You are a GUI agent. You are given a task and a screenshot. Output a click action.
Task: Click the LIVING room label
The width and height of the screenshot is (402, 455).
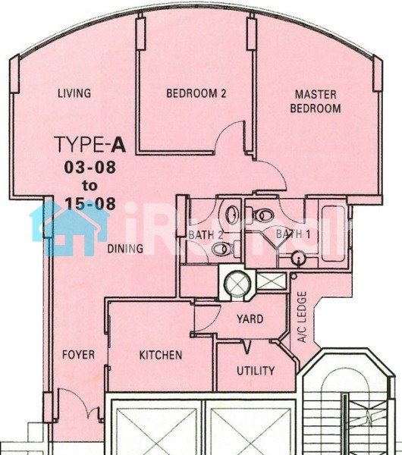coord(74,93)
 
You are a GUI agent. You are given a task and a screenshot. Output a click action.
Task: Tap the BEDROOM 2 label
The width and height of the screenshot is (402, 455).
coord(196,93)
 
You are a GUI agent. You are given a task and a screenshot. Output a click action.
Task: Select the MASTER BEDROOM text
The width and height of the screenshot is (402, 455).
coord(316,102)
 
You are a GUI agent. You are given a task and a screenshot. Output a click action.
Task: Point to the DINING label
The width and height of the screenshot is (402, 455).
coord(125,249)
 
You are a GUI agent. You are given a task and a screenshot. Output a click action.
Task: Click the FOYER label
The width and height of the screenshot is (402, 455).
coord(78,355)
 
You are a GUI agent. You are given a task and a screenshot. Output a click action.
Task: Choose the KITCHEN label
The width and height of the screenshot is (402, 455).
coord(161,355)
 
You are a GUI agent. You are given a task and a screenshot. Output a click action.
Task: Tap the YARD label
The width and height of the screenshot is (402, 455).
coord(250,319)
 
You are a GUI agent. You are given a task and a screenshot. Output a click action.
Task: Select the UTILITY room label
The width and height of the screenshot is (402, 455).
coord(256,371)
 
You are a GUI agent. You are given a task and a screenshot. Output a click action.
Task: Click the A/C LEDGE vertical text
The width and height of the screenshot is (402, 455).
coord(302,317)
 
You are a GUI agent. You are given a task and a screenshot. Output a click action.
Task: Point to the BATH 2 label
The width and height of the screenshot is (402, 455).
coord(206,235)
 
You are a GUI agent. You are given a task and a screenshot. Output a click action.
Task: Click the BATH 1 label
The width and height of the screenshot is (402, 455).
coord(293,234)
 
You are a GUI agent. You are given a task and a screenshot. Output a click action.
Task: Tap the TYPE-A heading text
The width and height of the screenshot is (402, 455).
coord(90,145)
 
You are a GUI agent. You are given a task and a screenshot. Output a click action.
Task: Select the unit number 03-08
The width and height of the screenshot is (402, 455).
coord(90,168)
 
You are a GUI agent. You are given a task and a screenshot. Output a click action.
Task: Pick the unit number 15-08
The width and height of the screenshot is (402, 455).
coord(90,204)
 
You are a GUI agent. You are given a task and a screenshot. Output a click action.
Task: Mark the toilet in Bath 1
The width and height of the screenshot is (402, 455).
coord(263,215)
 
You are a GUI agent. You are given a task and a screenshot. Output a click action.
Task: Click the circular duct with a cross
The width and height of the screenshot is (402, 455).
coord(237,284)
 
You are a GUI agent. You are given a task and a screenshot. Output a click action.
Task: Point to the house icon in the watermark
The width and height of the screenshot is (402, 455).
coord(70,227)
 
